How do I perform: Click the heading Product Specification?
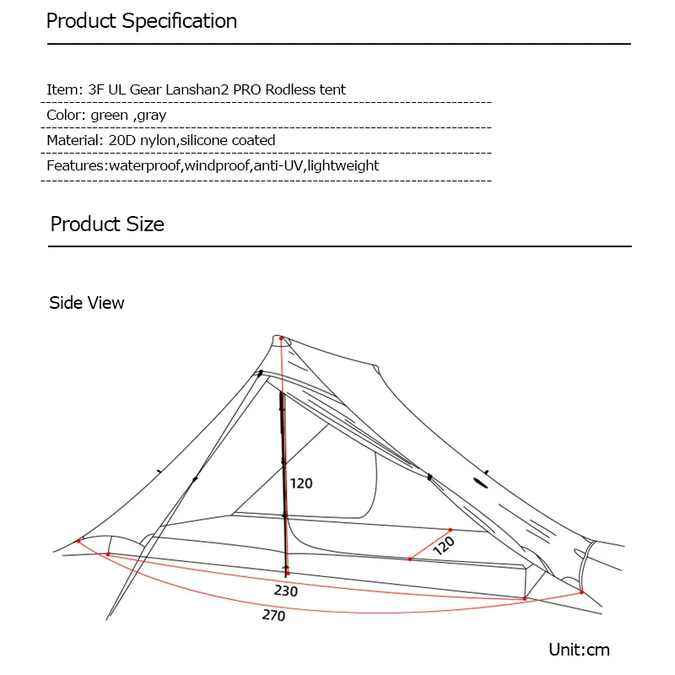[142, 21]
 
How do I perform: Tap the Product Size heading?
[107, 224]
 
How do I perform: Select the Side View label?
[87, 303]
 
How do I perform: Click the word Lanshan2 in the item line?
[197, 89]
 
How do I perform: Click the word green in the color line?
[110, 116]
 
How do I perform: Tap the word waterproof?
[144, 165]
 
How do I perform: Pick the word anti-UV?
[278, 165]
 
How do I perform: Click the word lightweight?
[343, 165]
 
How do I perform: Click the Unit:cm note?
[580, 650]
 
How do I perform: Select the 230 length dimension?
[286, 591]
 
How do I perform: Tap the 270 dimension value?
[273, 615]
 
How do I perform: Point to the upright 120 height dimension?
[301, 483]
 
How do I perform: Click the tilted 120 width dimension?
[444, 545]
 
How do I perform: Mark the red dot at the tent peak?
[281, 339]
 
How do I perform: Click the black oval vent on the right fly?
[480, 483]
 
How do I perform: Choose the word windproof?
[218, 165]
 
